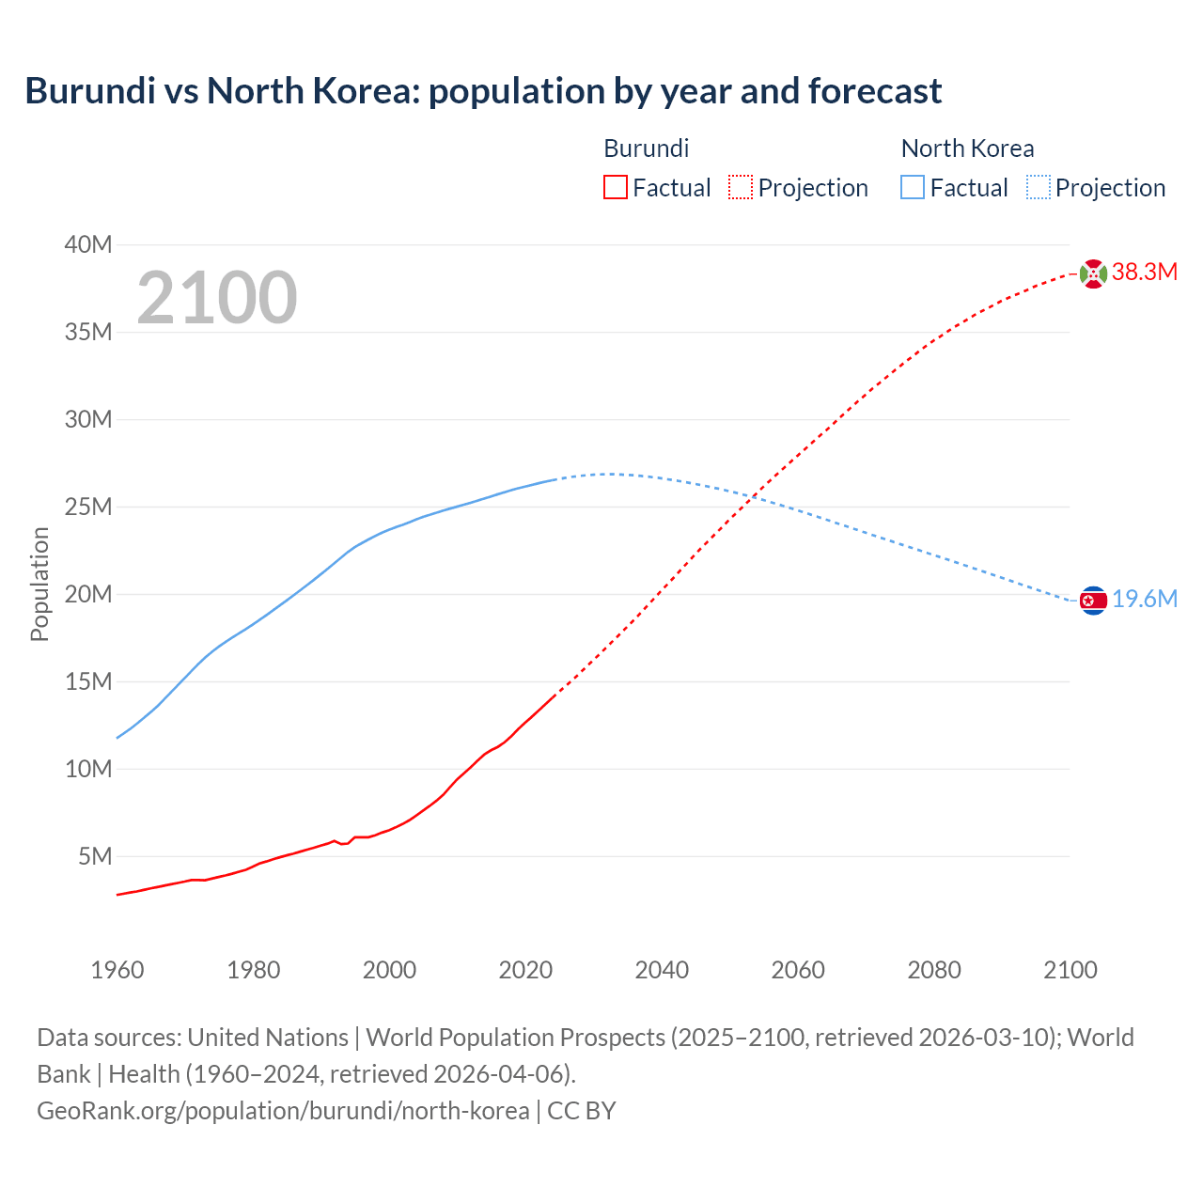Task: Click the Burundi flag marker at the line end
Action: pyautogui.click(x=1093, y=273)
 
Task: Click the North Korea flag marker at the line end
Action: pyautogui.click(x=1093, y=601)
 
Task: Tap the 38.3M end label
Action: pyautogui.click(x=1145, y=273)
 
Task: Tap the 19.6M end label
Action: pyautogui.click(x=1145, y=600)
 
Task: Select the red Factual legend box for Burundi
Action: pyautogui.click(x=615, y=187)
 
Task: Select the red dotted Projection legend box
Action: pyautogui.click(x=741, y=187)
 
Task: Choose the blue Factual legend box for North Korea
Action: pyautogui.click(x=913, y=187)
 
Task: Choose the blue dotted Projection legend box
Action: pyautogui.click(x=1039, y=187)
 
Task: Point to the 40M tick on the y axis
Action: pyautogui.click(x=88, y=245)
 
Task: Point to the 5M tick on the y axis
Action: pyautogui.click(x=95, y=856)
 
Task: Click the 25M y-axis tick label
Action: pyautogui.click(x=88, y=508)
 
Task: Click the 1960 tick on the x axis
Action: pyautogui.click(x=117, y=970)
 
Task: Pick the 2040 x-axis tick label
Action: pyautogui.click(x=662, y=970)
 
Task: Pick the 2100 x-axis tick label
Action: pyautogui.click(x=1070, y=970)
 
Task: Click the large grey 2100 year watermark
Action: pyautogui.click(x=217, y=298)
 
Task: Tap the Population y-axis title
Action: pyautogui.click(x=39, y=584)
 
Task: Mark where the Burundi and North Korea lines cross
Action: pyautogui.click(x=755, y=495)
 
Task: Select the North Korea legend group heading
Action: pyautogui.click(x=967, y=148)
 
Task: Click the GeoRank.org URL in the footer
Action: pyautogui.click(x=283, y=1110)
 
